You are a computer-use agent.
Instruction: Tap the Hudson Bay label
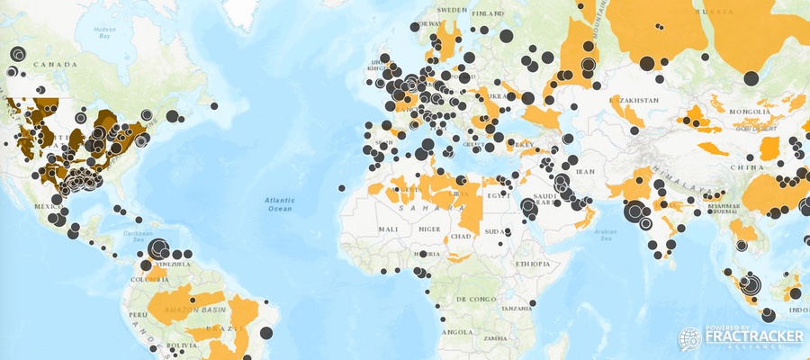(104, 34)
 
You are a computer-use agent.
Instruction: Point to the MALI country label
(388, 230)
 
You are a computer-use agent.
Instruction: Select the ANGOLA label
(459, 331)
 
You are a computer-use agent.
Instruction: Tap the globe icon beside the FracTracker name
(690, 338)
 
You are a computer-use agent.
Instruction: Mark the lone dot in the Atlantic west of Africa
(342, 187)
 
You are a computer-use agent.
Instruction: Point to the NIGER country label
(428, 229)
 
